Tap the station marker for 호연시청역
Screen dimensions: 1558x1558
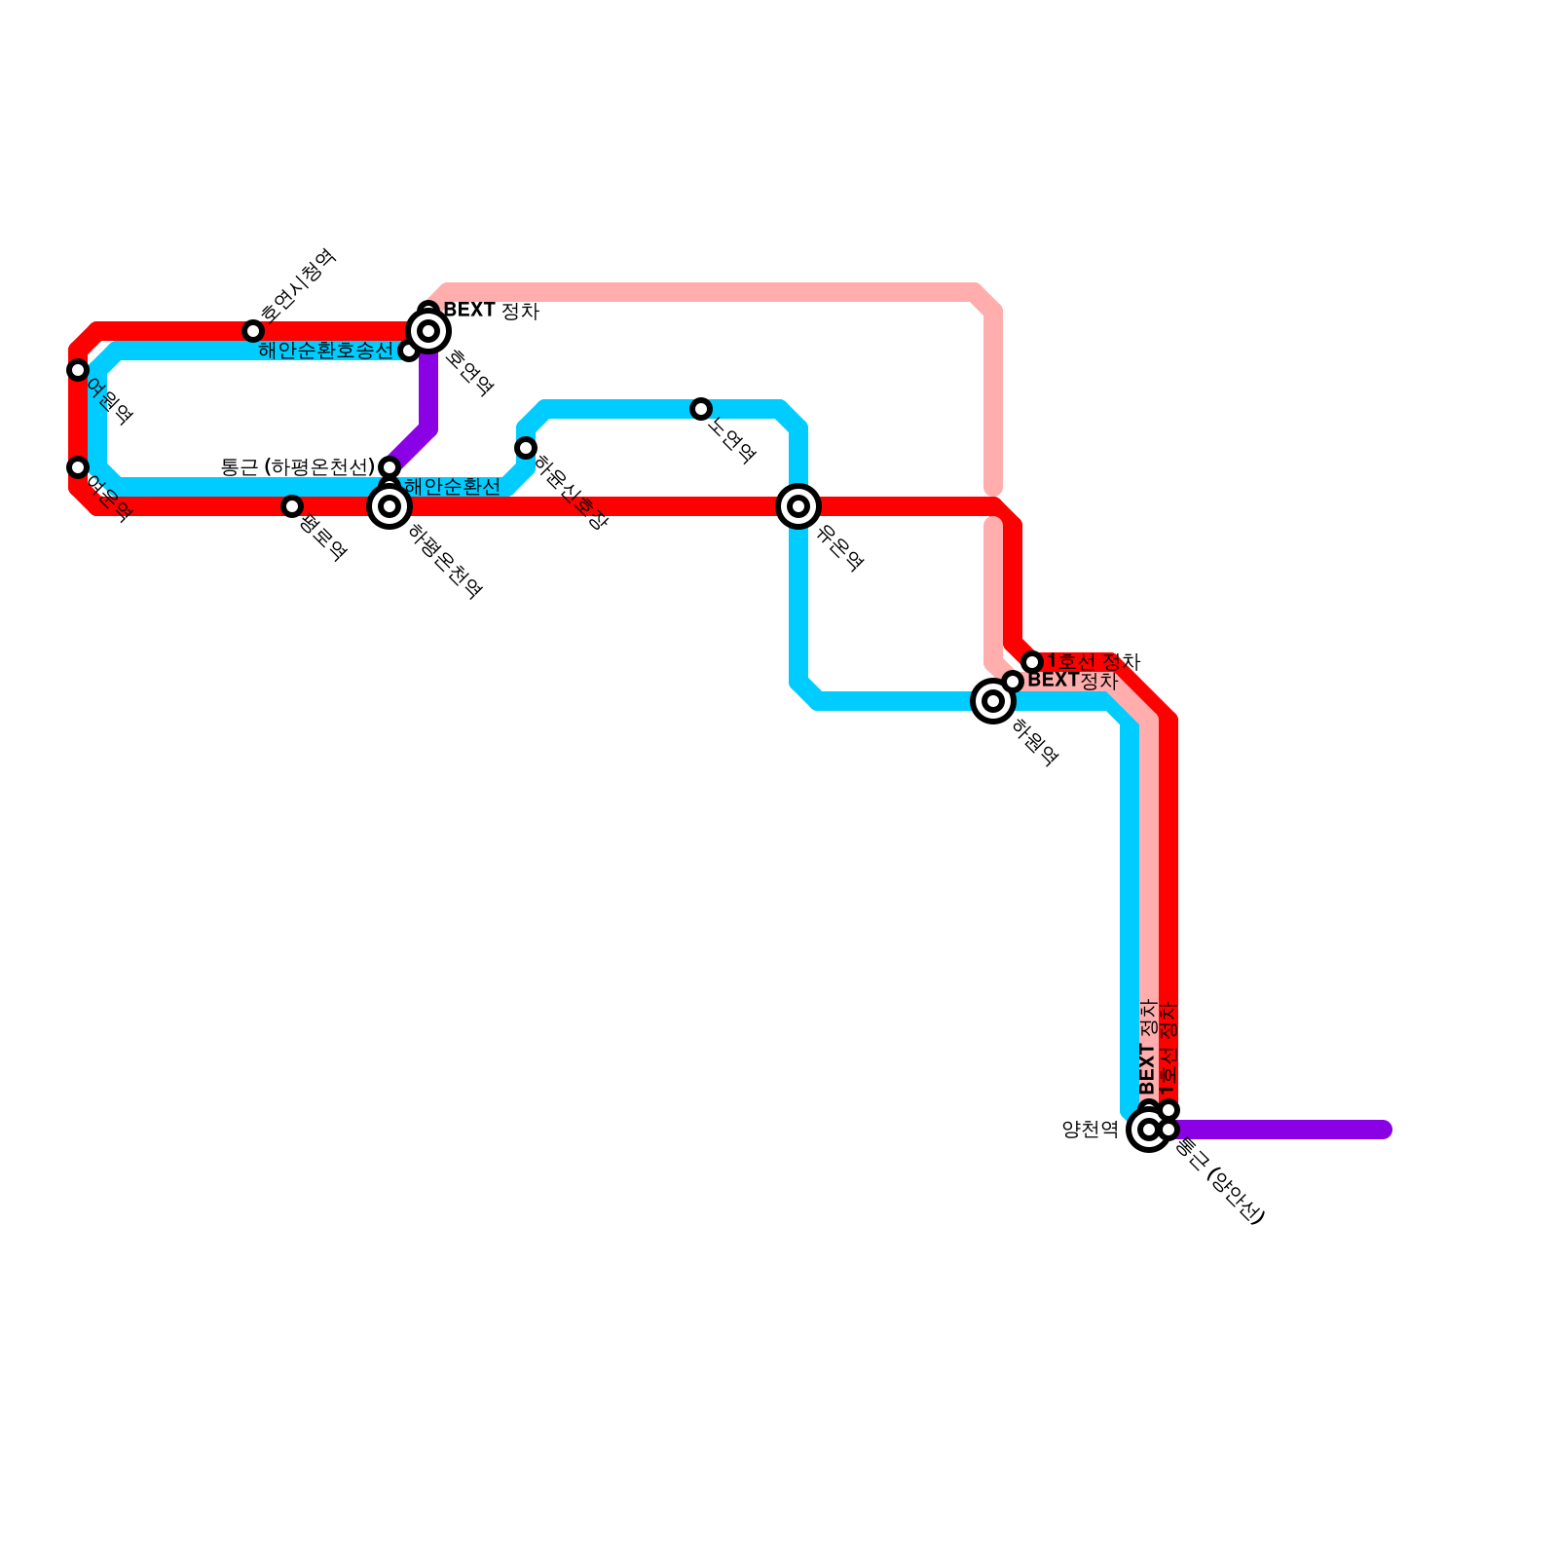[253, 331]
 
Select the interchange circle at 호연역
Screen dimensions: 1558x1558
[428, 331]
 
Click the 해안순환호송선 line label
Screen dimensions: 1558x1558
[325, 351]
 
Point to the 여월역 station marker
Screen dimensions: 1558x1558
[78, 370]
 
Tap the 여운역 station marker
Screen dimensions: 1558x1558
[78, 467]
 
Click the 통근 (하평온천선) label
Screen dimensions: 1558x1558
[297, 467]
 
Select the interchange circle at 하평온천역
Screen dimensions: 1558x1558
[389, 506]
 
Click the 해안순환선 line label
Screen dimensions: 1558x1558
[452, 487]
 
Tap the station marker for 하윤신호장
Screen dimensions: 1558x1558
[526, 448]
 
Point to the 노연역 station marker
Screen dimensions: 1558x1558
[701, 409]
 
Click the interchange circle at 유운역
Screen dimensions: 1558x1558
[798, 506]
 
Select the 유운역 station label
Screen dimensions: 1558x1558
[840, 547]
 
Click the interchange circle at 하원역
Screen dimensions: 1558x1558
[993, 700]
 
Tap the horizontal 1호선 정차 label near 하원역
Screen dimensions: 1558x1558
[1093, 662]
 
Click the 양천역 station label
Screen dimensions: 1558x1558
[1090, 1130]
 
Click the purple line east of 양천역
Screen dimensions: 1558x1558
[1285, 1130]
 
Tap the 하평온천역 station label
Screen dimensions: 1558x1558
[445, 561]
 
